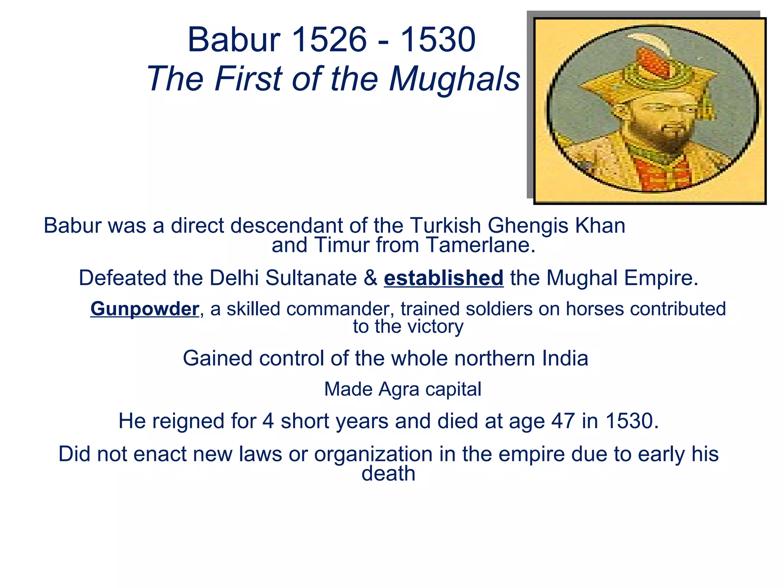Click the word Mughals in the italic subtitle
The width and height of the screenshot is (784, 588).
tap(454, 79)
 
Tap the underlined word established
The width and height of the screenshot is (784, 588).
tap(443, 278)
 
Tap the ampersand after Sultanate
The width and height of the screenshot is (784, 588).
tap(370, 278)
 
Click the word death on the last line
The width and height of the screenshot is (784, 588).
tap(388, 474)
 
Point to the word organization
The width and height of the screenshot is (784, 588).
tap(373, 454)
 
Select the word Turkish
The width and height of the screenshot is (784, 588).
tap(445, 225)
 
